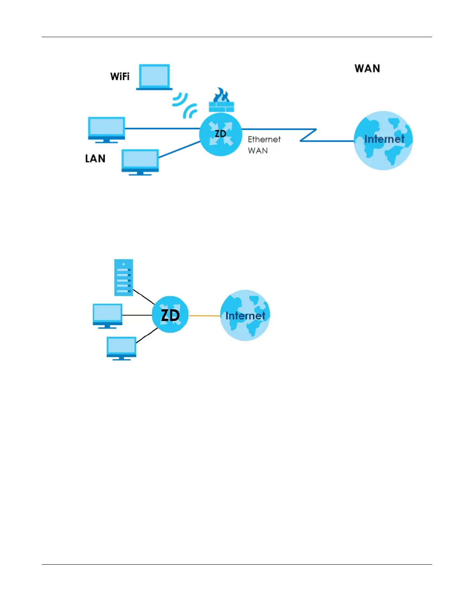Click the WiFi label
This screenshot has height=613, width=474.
pos(120,77)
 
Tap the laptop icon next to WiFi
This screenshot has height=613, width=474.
pos(154,77)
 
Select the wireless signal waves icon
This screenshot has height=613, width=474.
pos(185,105)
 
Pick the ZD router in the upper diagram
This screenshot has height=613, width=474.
pos(220,134)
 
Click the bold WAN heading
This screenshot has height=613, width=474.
pos(367,68)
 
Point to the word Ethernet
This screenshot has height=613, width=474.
pos(264,139)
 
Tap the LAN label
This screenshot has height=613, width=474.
pos(95,159)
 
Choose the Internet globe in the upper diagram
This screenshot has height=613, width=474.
pos(383,140)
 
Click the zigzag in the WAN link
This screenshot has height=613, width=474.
pos(308,135)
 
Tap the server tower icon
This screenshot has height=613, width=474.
pos(124,277)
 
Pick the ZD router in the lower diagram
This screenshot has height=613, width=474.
pos(170,315)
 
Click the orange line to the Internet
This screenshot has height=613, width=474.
pos(204,316)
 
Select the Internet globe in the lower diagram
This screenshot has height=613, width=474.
pos(245,315)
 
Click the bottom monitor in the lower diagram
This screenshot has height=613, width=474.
pos(121,348)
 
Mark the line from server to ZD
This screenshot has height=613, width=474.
pos(144,297)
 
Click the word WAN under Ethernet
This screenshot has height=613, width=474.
pos(258,151)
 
